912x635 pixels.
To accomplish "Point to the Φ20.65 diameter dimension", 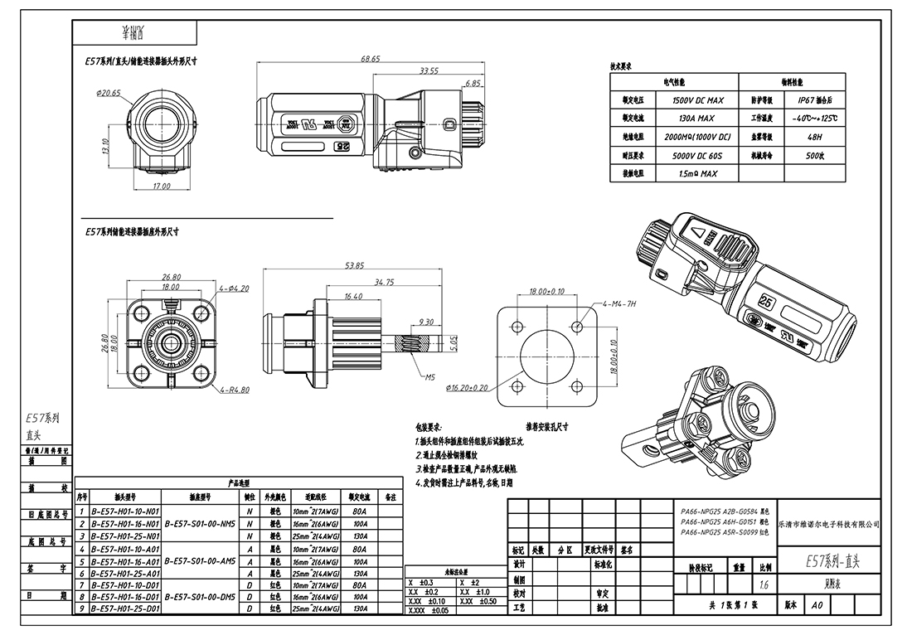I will pos(109,92).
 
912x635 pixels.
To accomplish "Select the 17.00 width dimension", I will pos(162,187).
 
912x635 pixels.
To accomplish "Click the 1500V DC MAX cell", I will pos(694,100).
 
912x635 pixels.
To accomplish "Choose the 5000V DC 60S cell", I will pos(694,155).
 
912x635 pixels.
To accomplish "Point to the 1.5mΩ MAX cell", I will pos(694,174).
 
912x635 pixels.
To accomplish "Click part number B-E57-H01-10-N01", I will pos(125,512).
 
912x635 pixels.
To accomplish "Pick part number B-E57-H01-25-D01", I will pos(125,608).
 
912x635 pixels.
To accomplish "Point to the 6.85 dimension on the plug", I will pos(473,84).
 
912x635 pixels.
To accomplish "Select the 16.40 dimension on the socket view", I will pos(352,296).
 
